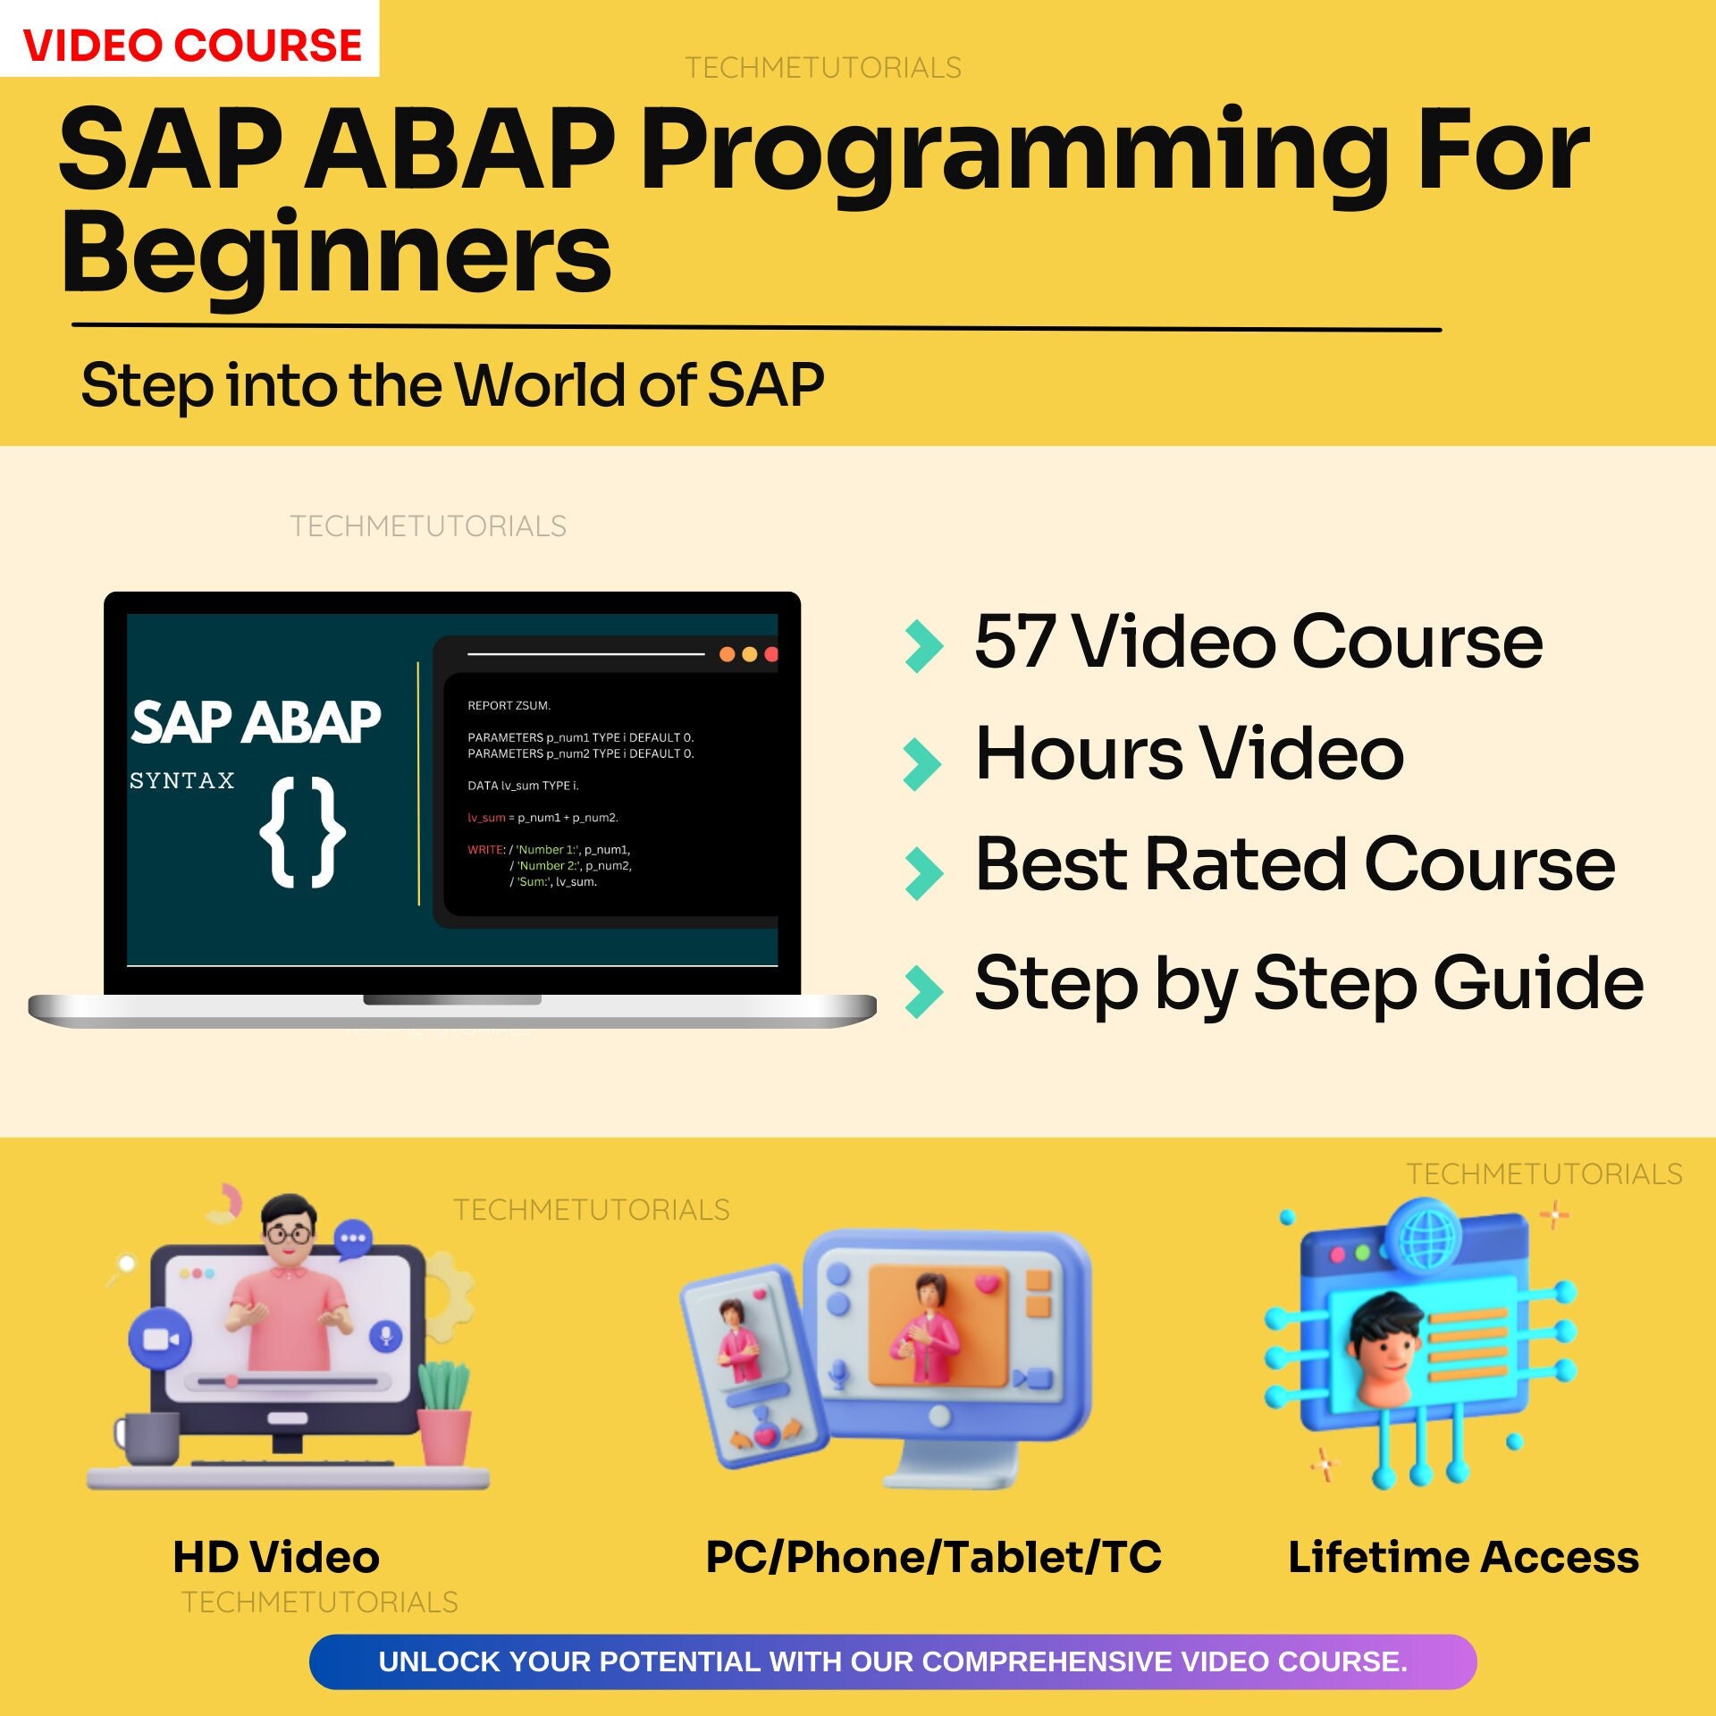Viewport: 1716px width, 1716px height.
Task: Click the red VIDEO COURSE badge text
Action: (192, 45)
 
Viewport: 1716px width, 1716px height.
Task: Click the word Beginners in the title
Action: (336, 256)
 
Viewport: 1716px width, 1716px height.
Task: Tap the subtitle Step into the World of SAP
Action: (452, 385)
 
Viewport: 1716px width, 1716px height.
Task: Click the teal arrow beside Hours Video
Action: (922, 764)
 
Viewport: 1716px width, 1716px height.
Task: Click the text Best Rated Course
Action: (1295, 864)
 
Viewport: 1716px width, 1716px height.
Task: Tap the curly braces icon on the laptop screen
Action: (302, 832)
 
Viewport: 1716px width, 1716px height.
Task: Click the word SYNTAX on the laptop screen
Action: (182, 780)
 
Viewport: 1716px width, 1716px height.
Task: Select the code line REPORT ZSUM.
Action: (509, 705)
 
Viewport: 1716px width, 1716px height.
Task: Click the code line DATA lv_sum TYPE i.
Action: (523, 786)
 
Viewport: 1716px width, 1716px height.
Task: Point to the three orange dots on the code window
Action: (749, 654)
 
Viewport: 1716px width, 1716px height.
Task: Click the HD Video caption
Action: (276, 1557)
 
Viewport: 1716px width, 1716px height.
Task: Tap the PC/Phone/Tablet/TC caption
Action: (934, 1557)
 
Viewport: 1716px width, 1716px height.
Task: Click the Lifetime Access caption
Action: (1463, 1557)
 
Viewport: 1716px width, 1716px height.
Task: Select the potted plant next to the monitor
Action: (444, 1413)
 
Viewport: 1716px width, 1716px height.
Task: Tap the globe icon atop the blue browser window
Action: (1428, 1239)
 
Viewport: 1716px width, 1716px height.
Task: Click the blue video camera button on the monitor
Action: (160, 1340)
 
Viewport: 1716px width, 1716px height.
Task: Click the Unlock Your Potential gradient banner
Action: (893, 1661)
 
